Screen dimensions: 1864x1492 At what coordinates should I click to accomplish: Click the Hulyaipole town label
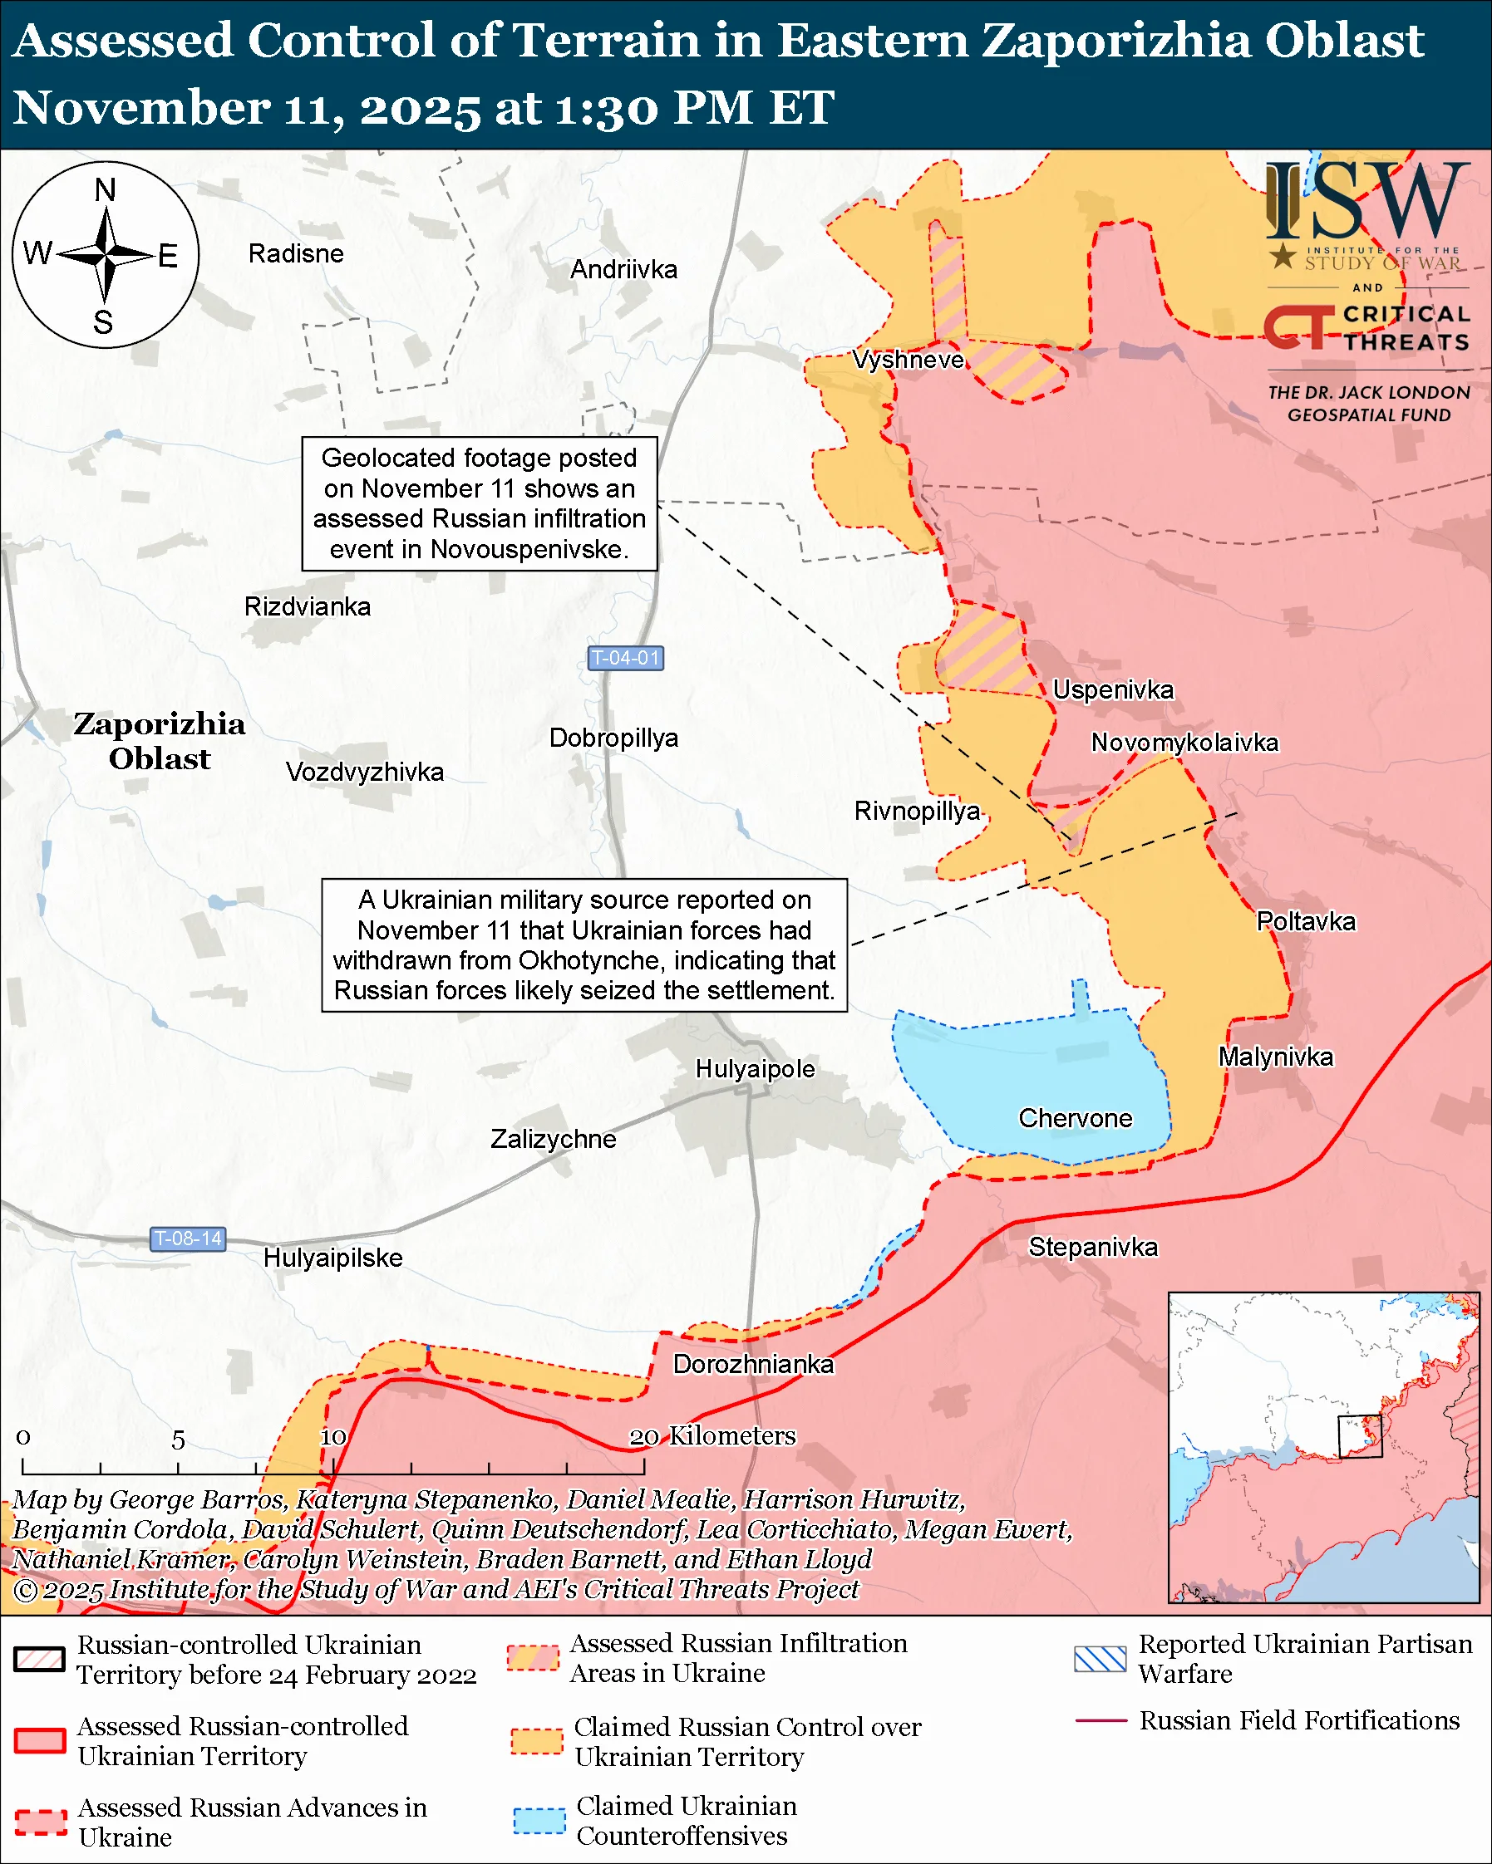coord(754,1069)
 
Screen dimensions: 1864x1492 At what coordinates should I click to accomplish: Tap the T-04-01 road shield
coord(625,658)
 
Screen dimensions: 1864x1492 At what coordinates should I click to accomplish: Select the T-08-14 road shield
coord(188,1239)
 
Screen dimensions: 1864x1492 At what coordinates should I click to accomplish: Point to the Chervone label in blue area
coord(1075,1119)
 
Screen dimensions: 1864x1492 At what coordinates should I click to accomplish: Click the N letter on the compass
coord(105,189)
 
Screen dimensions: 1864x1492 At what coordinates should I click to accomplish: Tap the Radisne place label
coord(296,254)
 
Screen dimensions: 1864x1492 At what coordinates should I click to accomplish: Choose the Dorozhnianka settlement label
coord(753,1364)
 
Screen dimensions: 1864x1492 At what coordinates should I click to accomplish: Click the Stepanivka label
coord(1092,1247)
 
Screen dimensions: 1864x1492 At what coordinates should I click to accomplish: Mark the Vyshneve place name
coord(908,360)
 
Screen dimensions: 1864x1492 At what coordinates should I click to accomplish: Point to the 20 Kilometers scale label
coord(712,1436)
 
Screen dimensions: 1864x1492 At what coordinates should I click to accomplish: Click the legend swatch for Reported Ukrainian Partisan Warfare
coord(1100,1659)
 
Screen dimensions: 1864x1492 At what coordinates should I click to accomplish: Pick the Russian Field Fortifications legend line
coord(1101,1721)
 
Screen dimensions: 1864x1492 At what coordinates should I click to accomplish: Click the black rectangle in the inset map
coord(1360,1436)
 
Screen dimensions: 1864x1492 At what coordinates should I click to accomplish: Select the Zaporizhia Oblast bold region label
coord(159,741)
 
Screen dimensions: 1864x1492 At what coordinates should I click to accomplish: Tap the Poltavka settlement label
coord(1305,922)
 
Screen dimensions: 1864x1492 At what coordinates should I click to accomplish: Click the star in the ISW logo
coord(1283,256)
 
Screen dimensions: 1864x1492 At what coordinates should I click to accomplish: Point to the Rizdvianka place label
coord(307,607)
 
